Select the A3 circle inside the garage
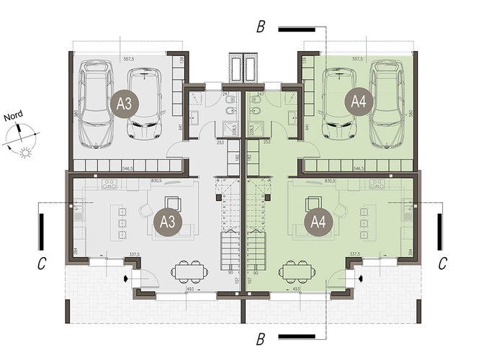(x=125, y=103)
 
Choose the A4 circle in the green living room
(x=317, y=221)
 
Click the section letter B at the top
(x=261, y=28)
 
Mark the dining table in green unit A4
(x=296, y=271)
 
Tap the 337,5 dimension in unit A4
(x=354, y=254)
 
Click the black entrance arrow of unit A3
(x=127, y=277)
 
